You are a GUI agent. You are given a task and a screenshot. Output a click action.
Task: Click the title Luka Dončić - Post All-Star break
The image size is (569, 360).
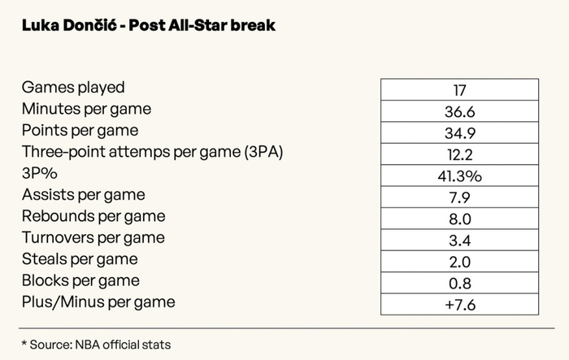[x=148, y=25]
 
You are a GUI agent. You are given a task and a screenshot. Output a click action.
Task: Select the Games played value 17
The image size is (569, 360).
[x=459, y=89]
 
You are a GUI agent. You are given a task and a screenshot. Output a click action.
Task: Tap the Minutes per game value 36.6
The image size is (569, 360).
[x=459, y=111]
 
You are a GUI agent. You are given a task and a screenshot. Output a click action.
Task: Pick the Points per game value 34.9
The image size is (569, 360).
[x=459, y=132]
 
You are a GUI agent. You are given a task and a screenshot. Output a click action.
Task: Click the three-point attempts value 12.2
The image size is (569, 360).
[x=459, y=154]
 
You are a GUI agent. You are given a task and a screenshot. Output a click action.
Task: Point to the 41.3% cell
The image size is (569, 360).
[x=459, y=176]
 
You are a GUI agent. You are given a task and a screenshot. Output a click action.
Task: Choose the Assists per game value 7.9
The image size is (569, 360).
[x=459, y=197]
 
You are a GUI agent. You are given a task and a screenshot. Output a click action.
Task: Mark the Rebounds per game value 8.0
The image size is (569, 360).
[x=459, y=219]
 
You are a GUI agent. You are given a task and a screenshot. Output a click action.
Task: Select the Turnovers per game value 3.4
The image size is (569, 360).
[x=459, y=240]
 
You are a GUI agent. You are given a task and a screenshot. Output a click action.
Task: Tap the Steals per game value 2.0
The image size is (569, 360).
[x=459, y=262]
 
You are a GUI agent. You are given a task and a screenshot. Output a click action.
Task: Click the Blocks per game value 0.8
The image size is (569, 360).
[x=459, y=283]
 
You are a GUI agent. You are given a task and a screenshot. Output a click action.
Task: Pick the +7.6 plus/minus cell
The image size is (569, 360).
[x=459, y=304]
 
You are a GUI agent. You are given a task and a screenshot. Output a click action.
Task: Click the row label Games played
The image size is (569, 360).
[x=73, y=88]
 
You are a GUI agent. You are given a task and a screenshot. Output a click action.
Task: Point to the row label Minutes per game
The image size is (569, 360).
[x=87, y=109]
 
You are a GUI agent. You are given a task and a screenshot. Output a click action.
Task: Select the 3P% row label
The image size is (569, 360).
[x=40, y=173]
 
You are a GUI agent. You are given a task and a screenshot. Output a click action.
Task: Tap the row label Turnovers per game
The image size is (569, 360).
[x=93, y=237]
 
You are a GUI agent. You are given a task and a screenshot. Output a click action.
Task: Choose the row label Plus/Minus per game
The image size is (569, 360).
[x=98, y=302]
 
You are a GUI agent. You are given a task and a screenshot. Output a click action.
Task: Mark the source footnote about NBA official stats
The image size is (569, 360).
[x=97, y=344]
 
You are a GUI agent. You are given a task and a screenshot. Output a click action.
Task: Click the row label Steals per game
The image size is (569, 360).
[x=80, y=259]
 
